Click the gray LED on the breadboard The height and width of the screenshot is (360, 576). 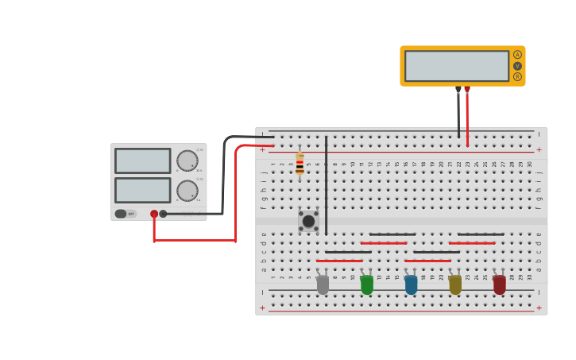click(x=323, y=285)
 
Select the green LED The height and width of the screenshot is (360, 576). click(x=366, y=285)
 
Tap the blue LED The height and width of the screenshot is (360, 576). click(x=411, y=285)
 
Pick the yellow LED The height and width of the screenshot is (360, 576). click(x=455, y=285)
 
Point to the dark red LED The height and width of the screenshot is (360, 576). click(x=499, y=285)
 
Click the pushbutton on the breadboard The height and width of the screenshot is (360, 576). click(x=308, y=220)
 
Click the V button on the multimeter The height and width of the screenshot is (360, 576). click(x=517, y=66)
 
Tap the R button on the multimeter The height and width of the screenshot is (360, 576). click(x=517, y=77)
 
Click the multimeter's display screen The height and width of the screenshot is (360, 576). click(x=457, y=66)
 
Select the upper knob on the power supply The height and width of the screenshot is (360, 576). click(x=187, y=161)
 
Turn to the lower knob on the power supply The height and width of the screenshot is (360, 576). click(x=187, y=191)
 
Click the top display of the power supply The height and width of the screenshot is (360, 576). click(x=143, y=161)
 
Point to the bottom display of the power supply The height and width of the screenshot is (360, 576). click(x=143, y=190)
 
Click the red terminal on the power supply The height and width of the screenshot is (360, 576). click(x=154, y=214)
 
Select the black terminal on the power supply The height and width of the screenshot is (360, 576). click(x=163, y=214)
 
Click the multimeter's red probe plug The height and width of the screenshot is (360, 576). click(x=467, y=90)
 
